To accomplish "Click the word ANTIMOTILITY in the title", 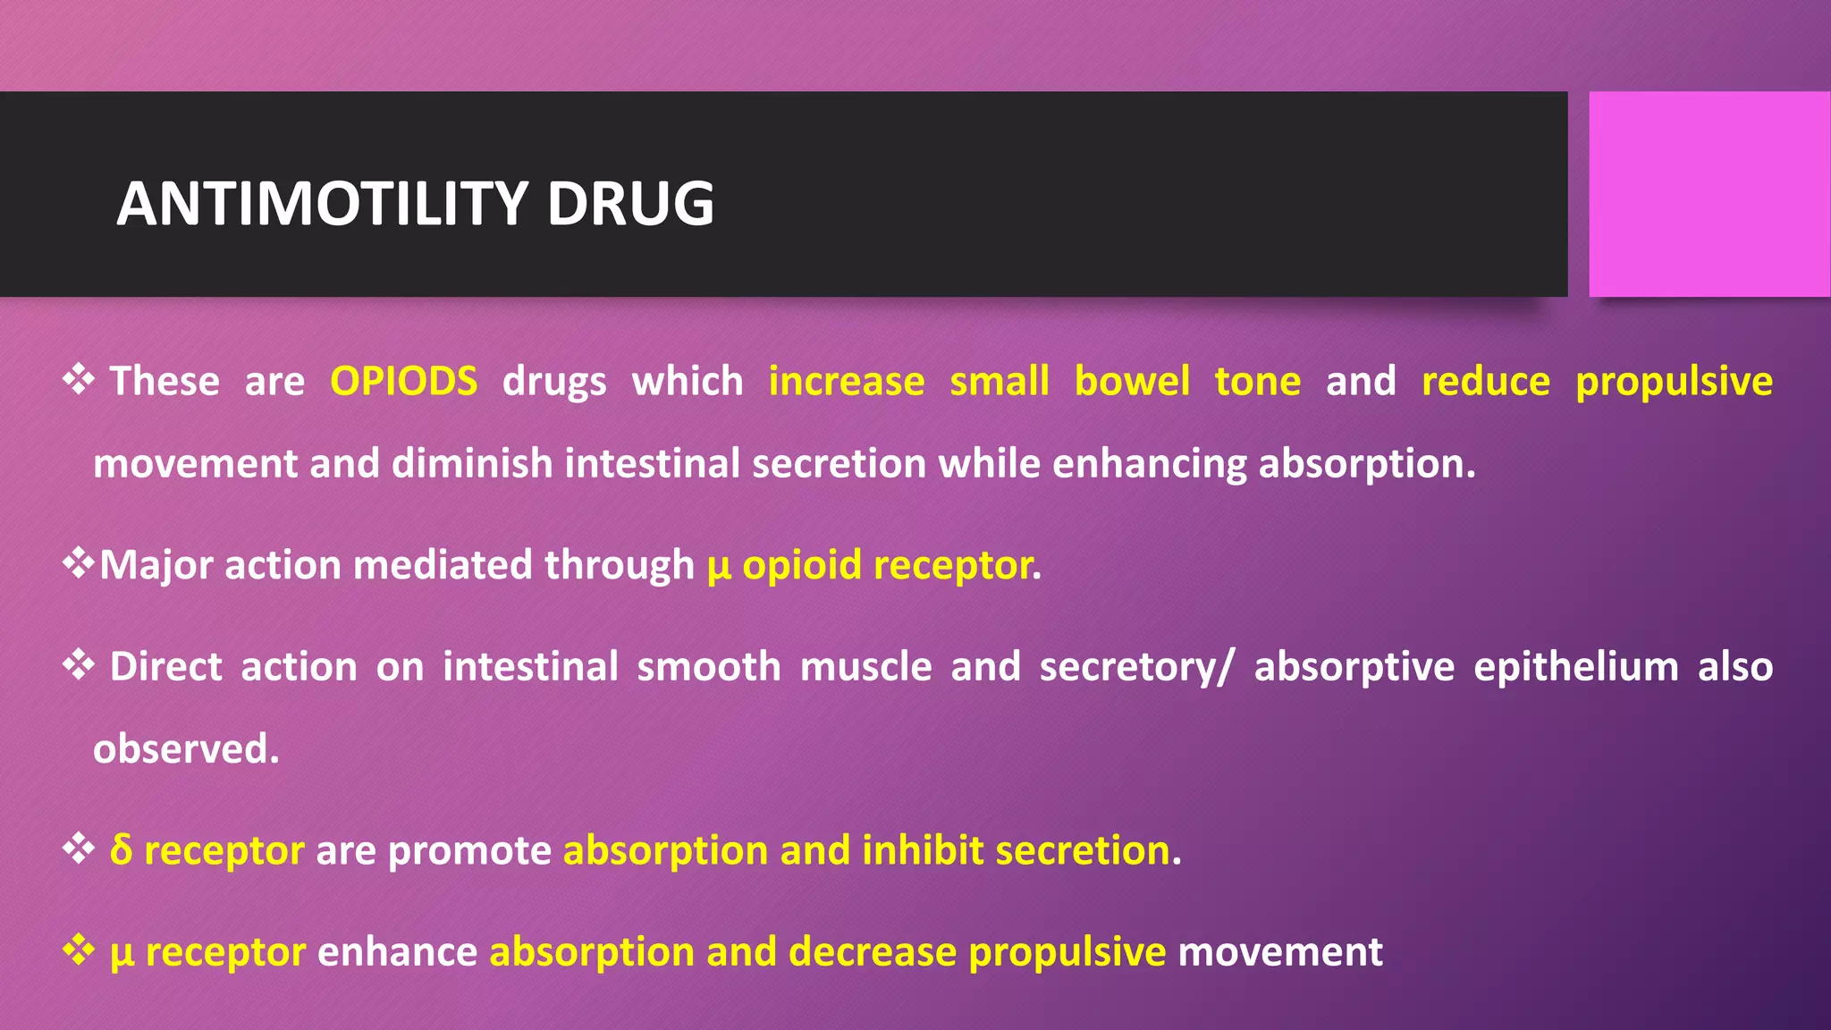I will point(323,204).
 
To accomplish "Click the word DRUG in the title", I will point(630,204).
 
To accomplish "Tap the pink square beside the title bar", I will point(1709,194).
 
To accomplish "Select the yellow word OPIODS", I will point(403,382).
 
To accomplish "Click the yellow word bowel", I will point(1131,382).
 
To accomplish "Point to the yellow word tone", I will point(1257,382).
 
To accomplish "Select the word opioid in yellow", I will point(801,566).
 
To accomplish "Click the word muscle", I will point(865,667).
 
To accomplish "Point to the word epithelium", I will point(1575,667).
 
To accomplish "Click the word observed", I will point(185,749).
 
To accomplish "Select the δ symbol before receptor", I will point(121,849).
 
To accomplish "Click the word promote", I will point(469,851).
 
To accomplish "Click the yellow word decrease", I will point(872,951).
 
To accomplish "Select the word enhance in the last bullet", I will point(397,951).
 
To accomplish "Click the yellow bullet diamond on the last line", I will point(79,950).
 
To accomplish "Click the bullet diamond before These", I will point(79,379).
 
